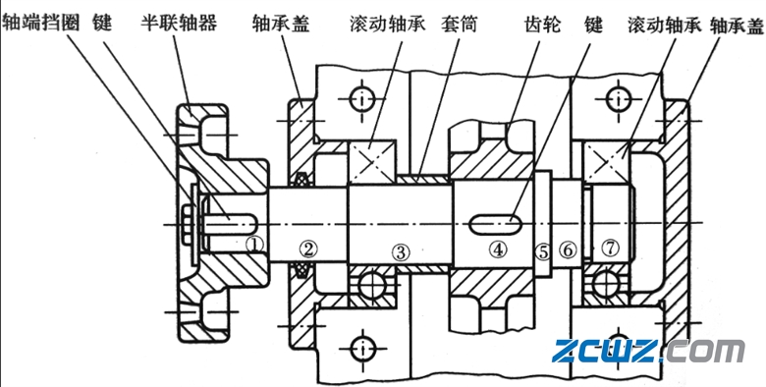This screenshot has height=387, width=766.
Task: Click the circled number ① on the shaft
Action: pyautogui.click(x=254, y=243)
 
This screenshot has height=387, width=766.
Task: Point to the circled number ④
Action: pyautogui.click(x=498, y=249)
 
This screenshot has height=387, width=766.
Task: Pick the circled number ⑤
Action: pyautogui.click(x=543, y=250)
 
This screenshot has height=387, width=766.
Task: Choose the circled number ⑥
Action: pyautogui.click(x=568, y=250)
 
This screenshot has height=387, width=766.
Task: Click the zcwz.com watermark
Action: pyautogui.click(x=649, y=350)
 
